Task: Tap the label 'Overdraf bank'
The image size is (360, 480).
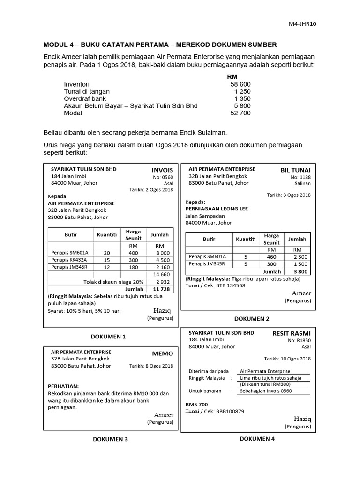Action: (85, 98)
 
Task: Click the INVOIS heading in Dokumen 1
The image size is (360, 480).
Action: (162, 170)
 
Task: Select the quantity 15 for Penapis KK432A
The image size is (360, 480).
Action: (107, 260)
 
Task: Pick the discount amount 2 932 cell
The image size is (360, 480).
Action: (160, 282)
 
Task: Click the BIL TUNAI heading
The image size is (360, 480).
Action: (295, 170)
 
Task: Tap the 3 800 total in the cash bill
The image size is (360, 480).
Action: (300, 271)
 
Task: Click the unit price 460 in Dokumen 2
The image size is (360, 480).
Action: (271, 257)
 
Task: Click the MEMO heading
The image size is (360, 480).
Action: (162, 353)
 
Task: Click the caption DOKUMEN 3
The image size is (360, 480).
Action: (110, 439)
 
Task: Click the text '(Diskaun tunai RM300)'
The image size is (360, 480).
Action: (264, 384)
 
